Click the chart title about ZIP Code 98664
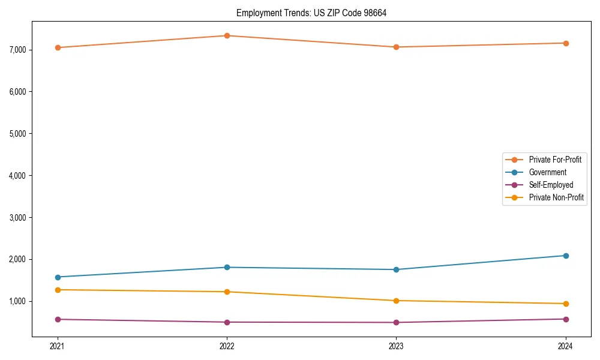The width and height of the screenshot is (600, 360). pos(311,13)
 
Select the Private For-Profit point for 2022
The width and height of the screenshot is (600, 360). pos(227,35)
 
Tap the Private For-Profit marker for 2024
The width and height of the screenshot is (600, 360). pos(566,43)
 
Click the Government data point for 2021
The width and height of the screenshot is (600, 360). pos(58,277)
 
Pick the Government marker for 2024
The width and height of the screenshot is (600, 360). pos(566,256)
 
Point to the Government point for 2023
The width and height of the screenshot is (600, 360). pos(396,269)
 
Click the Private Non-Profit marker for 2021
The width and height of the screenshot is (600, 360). pos(58,290)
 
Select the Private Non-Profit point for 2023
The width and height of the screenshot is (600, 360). pos(396,301)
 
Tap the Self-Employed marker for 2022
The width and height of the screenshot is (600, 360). pos(227,322)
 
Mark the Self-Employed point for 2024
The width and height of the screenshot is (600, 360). pos(566,319)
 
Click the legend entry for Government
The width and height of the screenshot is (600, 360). pos(547,172)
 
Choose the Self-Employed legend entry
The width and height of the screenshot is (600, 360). pos(551,185)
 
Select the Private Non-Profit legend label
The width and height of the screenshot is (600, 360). pos(556,197)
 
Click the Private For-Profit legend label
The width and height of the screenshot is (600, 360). pos(554,160)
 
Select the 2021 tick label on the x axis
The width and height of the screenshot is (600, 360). pos(58,346)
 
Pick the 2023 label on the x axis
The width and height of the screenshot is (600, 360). pos(396,346)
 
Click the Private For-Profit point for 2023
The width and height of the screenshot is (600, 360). pos(396,47)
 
